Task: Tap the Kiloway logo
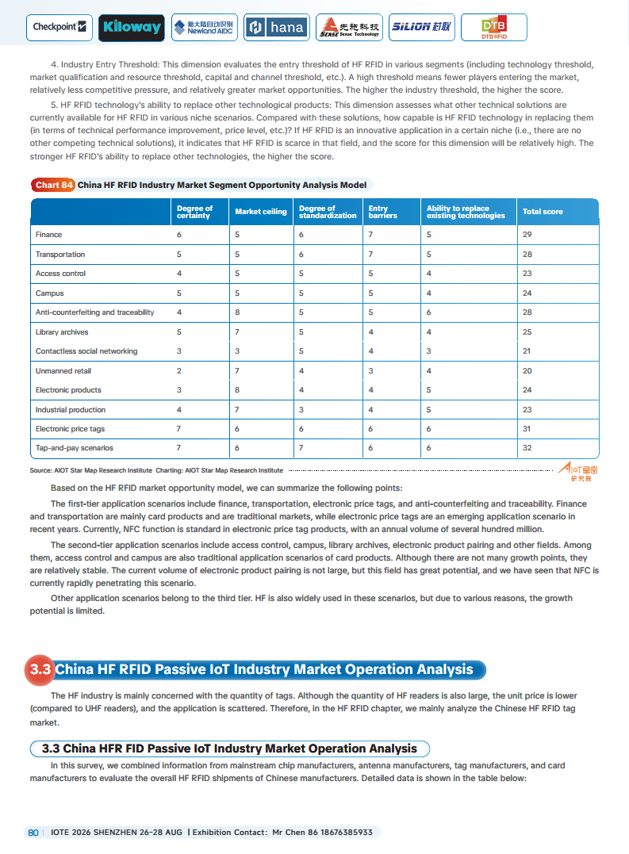132,28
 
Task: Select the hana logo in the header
276,28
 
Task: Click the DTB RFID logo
493,28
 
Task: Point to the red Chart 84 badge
54,185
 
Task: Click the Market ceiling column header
261,212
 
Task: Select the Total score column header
543,212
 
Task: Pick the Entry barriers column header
383,212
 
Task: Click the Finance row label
48,235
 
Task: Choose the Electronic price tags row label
70,429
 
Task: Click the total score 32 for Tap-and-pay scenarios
527,448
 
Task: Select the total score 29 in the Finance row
527,235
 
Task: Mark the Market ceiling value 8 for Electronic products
237,390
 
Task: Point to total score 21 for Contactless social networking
527,351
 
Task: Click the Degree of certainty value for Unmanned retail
179,370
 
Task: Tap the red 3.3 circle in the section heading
40,669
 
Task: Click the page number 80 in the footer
33,833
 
